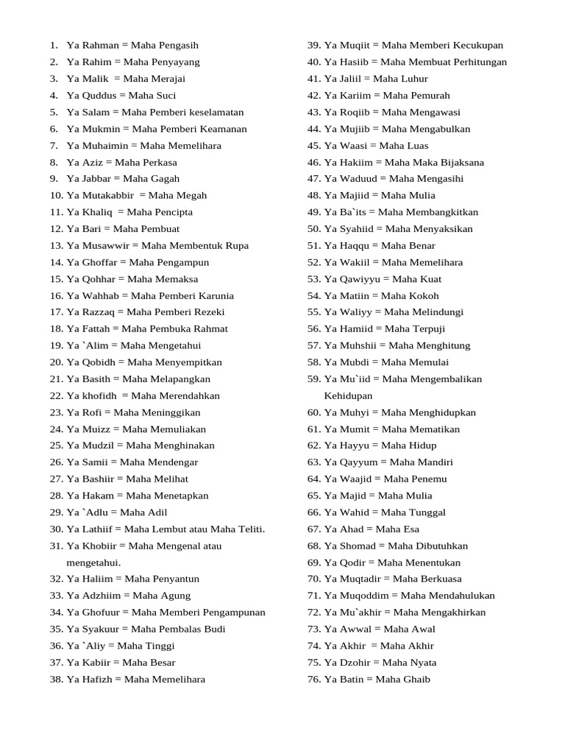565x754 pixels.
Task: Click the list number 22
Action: pos(56,396)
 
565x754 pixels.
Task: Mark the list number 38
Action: pos(56,680)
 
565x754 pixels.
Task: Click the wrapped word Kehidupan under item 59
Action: pos(348,396)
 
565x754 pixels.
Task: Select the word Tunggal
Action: pos(424,512)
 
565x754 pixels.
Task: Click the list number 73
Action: pos(313,630)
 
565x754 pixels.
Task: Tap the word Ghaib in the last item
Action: pos(416,680)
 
